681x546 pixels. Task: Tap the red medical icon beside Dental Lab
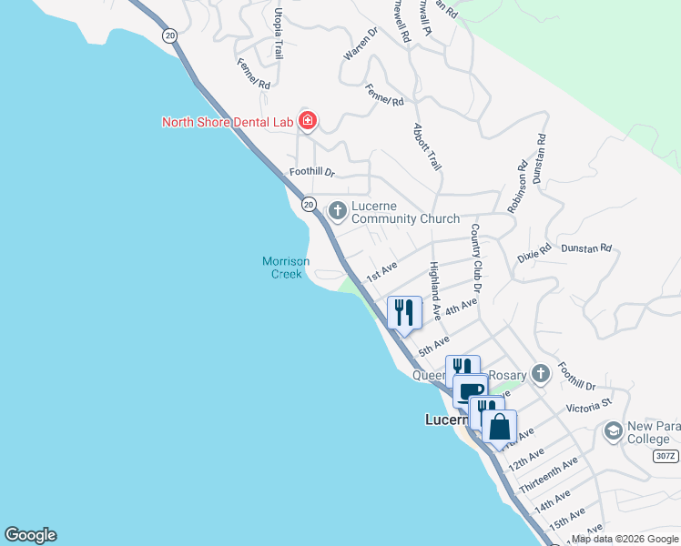[308, 121]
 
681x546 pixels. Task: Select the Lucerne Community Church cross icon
[338, 211]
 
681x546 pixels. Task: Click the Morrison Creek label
[286, 268]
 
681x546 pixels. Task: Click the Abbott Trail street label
[427, 147]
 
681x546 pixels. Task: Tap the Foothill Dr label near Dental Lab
[312, 172]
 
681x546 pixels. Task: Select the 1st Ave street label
[381, 270]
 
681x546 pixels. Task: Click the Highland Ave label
[434, 289]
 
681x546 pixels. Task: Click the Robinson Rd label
[517, 187]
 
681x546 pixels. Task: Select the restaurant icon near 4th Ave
[404, 313]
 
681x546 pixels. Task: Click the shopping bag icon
[500, 425]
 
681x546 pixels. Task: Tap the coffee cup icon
[470, 390]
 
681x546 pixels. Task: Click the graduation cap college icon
[613, 430]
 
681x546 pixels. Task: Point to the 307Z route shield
[666, 456]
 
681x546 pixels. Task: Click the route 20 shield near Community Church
[309, 205]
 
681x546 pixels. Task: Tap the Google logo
[30, 535]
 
